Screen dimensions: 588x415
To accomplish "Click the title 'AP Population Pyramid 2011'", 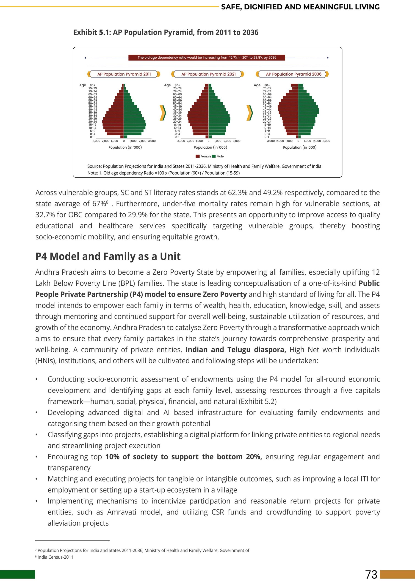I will pyautogui.click(x=124, y=74).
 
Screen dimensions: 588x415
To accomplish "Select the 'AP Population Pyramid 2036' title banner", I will pyautogui.click(x=293, y=74).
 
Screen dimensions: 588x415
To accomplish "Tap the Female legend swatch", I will pyautogui.click(x=198, y=156).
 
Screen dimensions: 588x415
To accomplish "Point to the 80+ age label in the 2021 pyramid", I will pyautogui.click(x=177, y=85).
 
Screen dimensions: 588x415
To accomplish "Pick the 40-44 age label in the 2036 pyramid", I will pyautogui.click(x=267, y=110).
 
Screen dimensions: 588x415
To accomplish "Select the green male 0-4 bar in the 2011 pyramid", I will pyautogui.click(x=133, y=134).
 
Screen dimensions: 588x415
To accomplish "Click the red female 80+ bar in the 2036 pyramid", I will pyautogui.click(x=294, y=85).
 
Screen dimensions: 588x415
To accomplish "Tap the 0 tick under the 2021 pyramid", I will pyautogui.click(x=208, y=141).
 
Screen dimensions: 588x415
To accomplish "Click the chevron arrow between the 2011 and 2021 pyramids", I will pyautogui.click(x=163, y=113).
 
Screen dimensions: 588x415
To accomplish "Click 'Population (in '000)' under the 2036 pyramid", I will pyautogui.click(x=299, y=147).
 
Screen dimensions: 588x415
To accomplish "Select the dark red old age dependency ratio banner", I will pyautogui.click(x=207, y=58).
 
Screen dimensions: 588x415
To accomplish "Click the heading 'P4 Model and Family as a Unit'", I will pyautogui.click(x=108, y=256).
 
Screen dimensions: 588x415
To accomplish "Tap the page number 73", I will pyautogui.click(x=371, y=574).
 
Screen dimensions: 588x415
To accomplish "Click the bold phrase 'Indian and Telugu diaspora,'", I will pyautogui.click(x=235, y=350).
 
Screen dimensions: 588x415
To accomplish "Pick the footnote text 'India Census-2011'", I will pyautogui.click(x=55, y=557).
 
